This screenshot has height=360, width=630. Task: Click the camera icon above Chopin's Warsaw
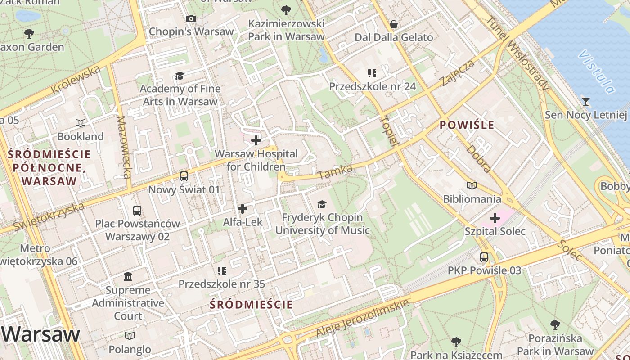coord(191,18)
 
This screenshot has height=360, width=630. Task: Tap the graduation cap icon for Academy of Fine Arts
coord(180,76)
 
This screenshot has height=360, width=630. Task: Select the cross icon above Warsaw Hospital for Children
coord(256,140)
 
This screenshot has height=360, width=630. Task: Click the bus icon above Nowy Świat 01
coord(184,176)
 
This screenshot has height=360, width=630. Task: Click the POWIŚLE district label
coord(467,125)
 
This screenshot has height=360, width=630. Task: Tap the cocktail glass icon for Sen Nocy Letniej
coord(585,102)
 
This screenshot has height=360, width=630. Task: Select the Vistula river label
coord(597,72)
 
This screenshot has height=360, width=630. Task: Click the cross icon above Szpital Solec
coord(495,219)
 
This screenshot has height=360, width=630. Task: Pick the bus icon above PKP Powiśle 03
coord(484,257)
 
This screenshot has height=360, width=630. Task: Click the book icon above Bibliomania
coord(472,186)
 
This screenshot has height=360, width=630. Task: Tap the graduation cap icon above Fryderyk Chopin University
coord(322,205)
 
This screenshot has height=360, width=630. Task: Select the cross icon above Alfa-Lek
coord(243,209)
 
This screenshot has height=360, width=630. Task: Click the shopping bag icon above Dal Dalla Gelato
coord(394,24)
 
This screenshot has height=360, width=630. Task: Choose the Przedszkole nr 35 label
coord(222,284)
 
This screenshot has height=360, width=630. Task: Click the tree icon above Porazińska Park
coord(555,325)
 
